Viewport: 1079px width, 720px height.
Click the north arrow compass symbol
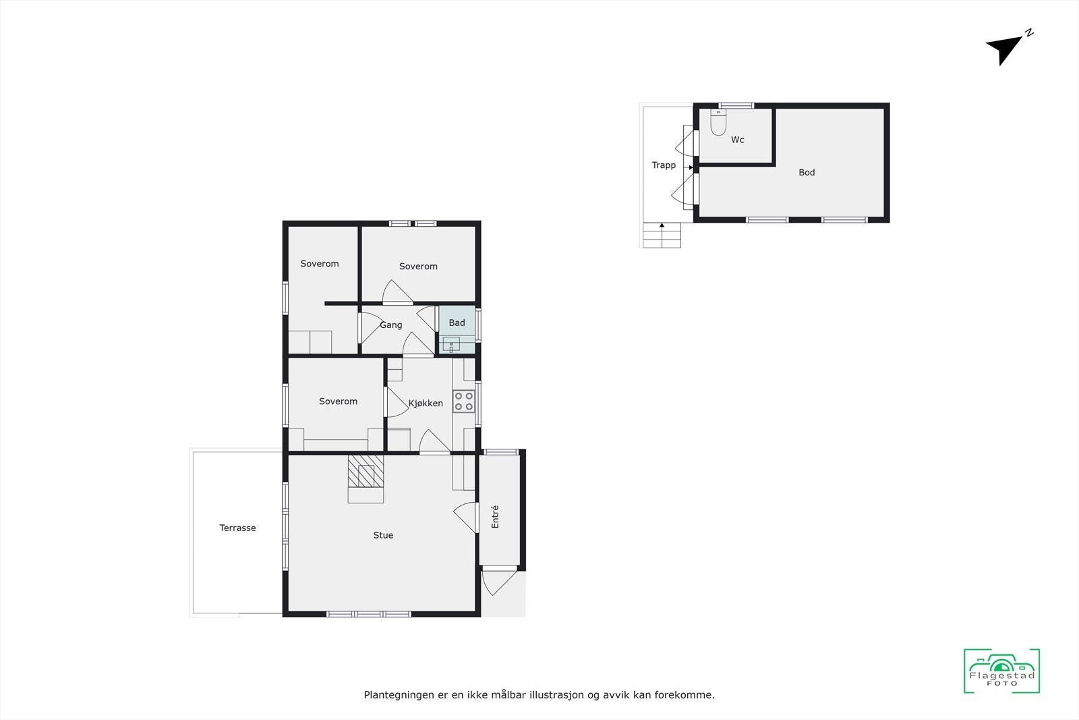point(1005,48)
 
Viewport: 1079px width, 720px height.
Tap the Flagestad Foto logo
point(1001,671)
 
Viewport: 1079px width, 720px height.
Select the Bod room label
point(807,173)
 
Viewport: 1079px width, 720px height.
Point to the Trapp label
point(664,165)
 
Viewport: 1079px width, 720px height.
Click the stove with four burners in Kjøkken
point(463,401)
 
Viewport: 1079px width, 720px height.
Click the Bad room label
point(457,323)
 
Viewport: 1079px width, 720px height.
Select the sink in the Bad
point(451,343)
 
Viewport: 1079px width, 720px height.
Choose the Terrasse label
point(237,528)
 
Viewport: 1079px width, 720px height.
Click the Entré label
point(496,516)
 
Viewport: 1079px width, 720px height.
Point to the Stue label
point(383,535)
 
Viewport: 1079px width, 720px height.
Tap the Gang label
point(391,325)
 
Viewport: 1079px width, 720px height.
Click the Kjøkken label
point(426,404)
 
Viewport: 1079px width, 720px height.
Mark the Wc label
point(738,140)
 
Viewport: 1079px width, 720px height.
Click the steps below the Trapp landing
point(662,236)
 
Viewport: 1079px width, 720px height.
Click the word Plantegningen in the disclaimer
point(398,694)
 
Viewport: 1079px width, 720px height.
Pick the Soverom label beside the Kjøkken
point(338,401)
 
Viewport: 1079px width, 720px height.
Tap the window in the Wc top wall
point(736,105)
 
